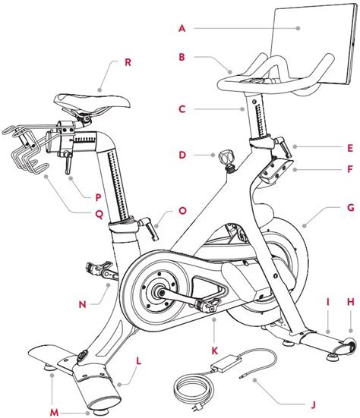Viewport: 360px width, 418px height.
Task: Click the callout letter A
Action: pos(182,29)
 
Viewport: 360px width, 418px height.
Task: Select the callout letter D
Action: pos(182,155)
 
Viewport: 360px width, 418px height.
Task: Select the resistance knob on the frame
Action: pos(224,159)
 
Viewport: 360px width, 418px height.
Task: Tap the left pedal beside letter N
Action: pos(99,267)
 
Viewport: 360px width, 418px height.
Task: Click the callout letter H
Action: pos(350,302)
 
